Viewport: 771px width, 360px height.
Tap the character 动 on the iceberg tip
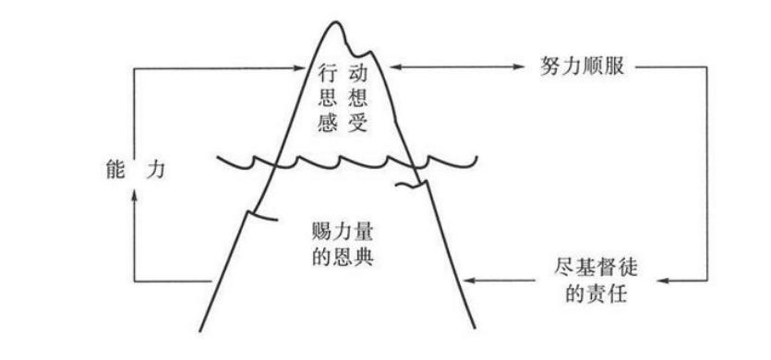357,71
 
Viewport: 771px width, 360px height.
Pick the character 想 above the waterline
357,98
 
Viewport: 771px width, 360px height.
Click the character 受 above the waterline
357,125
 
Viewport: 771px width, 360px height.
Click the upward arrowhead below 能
135,193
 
